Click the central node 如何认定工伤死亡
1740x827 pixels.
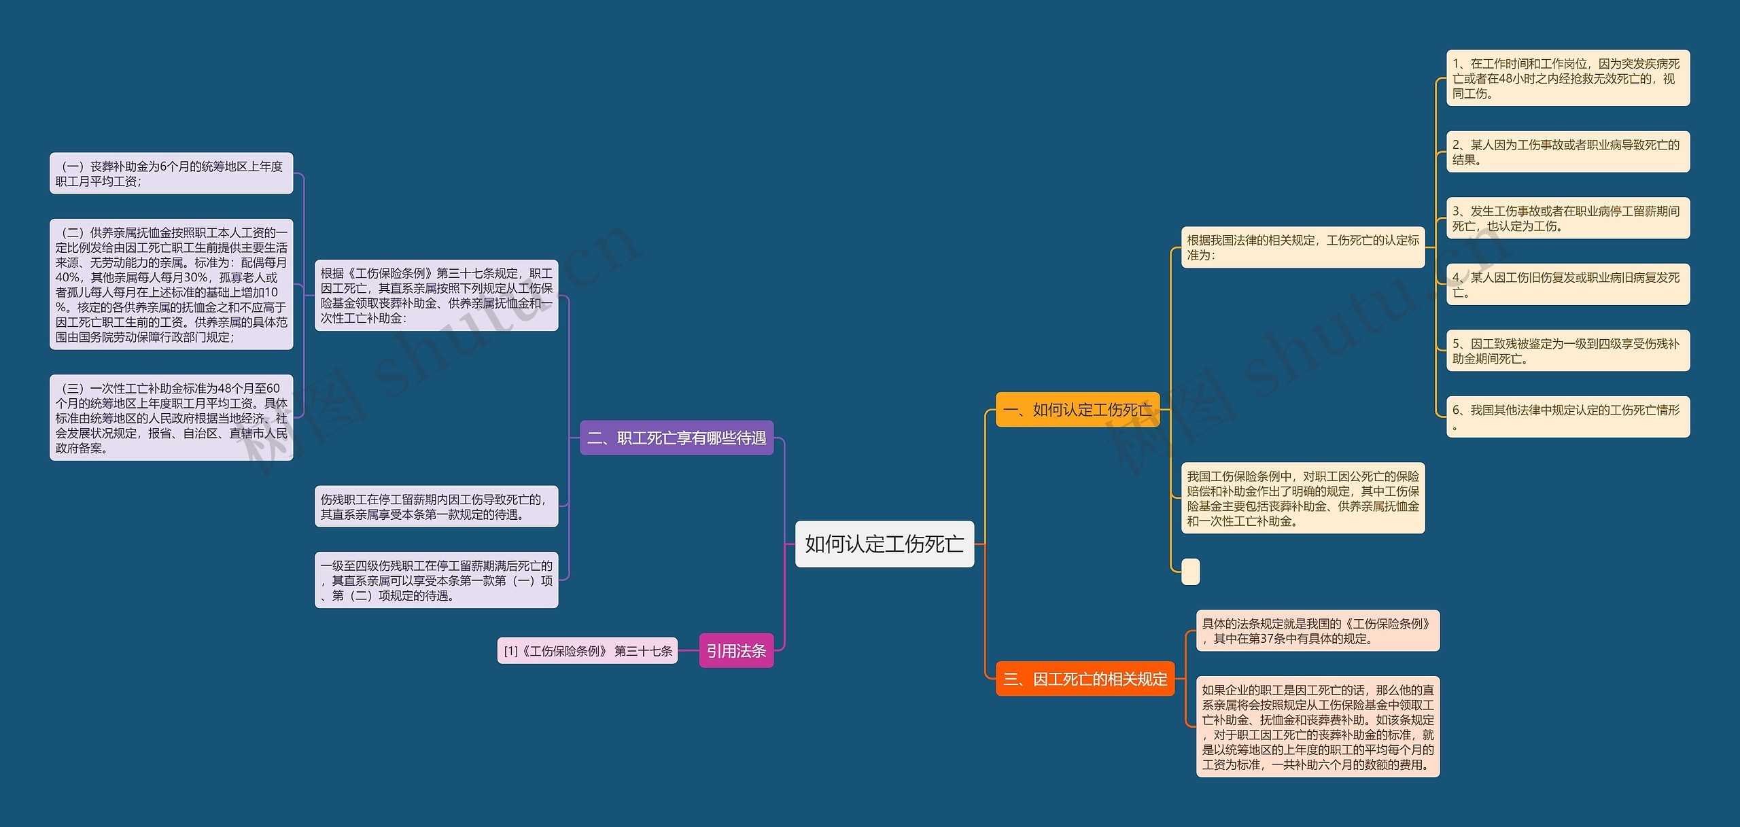[x=884, y=544]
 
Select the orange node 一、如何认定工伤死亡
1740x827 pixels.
[x=1077, y=410]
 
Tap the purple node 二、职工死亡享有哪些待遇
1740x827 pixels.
[x=676, y=438]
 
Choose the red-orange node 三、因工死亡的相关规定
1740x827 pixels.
[x=1085, y=679]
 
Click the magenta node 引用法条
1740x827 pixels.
[x=736, y=651]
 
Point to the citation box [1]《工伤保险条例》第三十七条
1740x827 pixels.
[x=587, y=651]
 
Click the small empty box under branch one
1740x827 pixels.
[x=1190, y=571]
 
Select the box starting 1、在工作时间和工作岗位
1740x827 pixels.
[x=1567, y=78]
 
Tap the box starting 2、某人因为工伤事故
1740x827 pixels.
[x=1567, y=152]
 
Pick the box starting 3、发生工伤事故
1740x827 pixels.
[x=1567, y=218]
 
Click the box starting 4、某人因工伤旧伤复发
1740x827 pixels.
[x=1567, y=285]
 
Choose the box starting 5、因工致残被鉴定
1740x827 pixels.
[x=1567, y=351]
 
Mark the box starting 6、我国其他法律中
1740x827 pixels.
[x=1567, y=417]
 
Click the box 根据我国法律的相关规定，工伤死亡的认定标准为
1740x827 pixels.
[x=1302, y=247]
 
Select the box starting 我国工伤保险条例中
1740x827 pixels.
[x=1302, y=498]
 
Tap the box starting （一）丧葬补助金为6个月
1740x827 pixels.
[x=171, y=173]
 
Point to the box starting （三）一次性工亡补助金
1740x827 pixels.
[x=171, y=418]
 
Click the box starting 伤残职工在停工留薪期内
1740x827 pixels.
[x=436, y=506]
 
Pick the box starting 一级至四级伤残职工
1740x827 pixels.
[x=436, y=580]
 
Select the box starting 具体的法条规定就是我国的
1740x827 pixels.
[x=1317, y=631]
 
